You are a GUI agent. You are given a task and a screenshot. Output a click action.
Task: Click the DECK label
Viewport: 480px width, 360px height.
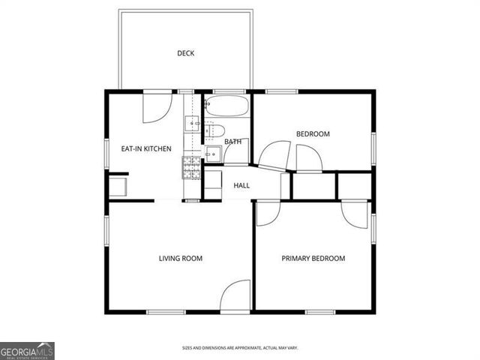click(185, 52)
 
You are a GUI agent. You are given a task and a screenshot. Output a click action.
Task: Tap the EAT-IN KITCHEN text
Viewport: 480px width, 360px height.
click(146, 148)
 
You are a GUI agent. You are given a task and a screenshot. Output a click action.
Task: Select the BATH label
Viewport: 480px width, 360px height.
click(232, 141)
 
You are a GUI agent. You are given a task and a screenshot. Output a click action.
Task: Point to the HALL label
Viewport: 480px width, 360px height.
click(241, 185)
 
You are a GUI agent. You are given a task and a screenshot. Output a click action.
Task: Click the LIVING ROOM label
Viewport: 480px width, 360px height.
click(180, 258)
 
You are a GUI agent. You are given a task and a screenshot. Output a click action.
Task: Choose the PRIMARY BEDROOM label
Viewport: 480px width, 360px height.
click(313, 258)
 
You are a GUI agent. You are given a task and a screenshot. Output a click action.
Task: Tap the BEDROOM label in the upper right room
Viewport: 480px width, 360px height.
click(313, 133)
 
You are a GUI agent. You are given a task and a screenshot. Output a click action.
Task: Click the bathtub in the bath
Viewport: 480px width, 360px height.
click(226, 106)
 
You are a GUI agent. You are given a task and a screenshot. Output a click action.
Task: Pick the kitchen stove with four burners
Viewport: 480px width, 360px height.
click(192, 169)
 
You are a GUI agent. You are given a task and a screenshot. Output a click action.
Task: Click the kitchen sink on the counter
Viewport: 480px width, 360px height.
click(193, 124)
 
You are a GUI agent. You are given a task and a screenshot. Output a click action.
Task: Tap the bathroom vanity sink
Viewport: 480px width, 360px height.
click(212, 153)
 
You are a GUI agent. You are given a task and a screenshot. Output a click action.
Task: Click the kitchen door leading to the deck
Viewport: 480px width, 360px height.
click(157, 107)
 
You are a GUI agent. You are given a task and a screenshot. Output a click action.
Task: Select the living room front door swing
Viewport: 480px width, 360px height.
click(235, 295)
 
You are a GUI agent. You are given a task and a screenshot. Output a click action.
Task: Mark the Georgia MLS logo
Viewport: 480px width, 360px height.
click(27, 350)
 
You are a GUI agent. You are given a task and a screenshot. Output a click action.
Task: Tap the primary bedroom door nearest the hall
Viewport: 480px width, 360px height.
click(267, 212)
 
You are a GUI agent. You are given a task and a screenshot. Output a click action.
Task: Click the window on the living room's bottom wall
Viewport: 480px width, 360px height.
click(166, 311)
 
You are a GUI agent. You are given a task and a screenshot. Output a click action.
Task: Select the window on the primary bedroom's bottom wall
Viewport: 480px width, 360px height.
click(320, 311)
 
